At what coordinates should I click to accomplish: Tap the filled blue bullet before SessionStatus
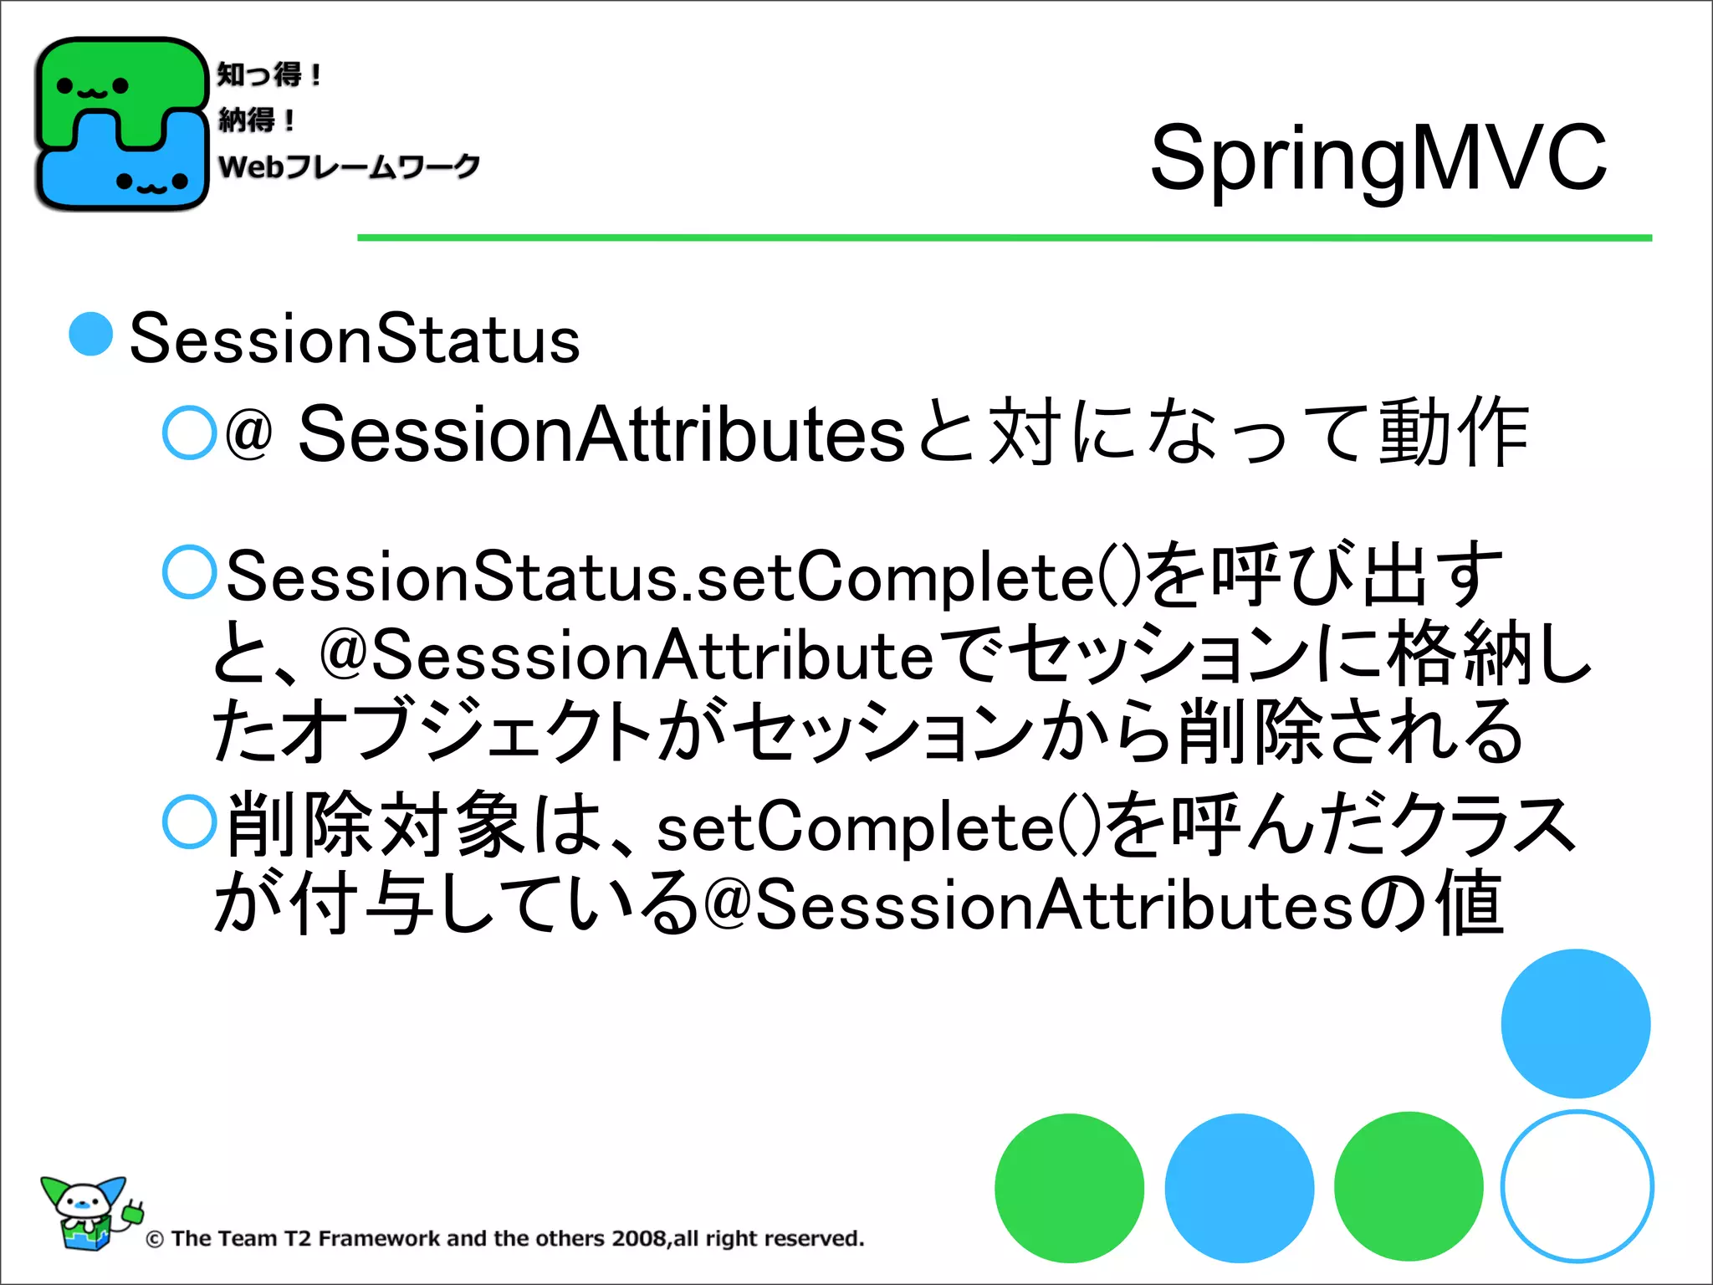91,335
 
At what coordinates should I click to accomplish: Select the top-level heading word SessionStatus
355,340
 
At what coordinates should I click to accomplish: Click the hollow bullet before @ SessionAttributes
190,433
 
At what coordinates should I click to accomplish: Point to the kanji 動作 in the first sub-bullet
1454,433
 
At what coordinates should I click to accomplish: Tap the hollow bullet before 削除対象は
190,822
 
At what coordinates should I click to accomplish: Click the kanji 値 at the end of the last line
1470,904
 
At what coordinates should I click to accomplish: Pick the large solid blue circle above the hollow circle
1575,1023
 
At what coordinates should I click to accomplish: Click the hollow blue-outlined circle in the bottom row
1577,1186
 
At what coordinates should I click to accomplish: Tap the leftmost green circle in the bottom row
1069,1188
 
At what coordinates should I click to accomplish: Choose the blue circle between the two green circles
1239,1188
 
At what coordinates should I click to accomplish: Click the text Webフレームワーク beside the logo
349,166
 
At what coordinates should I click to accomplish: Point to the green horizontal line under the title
1004,238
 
